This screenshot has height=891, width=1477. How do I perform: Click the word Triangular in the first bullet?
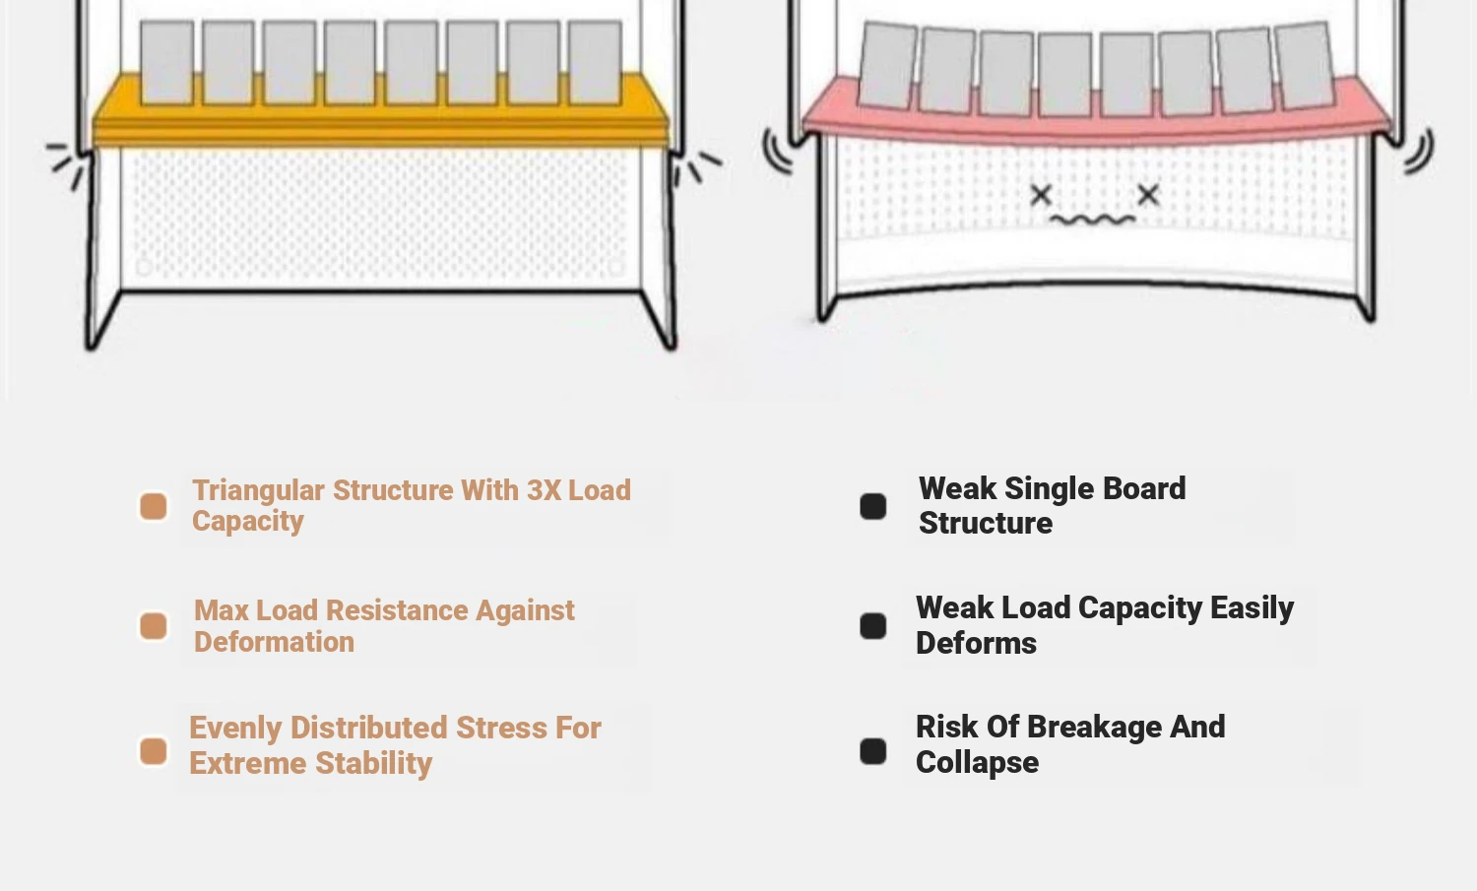[x=258, y=490]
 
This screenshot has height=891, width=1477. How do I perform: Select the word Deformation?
[x=274, y=642]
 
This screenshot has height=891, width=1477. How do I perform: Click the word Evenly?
[x=235, y=728]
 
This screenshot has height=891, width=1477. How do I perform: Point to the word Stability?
[x=373, y=763]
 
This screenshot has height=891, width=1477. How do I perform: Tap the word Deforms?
[x=976, y=643]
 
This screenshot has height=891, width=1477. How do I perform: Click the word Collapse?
[x=977, y=762]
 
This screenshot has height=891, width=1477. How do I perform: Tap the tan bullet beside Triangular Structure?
[x=154, y=506]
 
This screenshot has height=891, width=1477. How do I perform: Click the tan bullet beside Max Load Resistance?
[x=154, y=626]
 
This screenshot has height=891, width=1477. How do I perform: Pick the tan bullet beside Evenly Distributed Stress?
[x=154, y=751]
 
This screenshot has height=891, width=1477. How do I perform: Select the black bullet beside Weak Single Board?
[x=873, y=506]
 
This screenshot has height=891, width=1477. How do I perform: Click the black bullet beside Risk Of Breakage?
[x=873, y=751]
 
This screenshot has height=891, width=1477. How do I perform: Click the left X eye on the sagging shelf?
[x=1041, y=195]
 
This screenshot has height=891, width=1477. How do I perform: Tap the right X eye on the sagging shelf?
[x=1148, y=195]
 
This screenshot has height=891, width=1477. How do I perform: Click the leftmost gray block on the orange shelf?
[x=166, y=62]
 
